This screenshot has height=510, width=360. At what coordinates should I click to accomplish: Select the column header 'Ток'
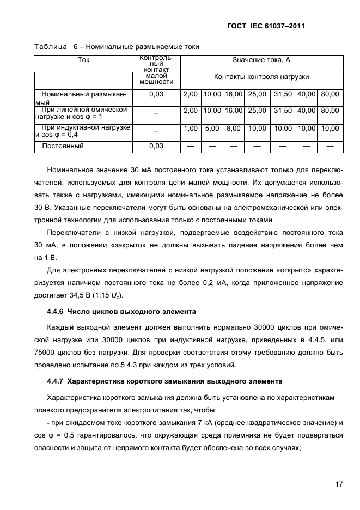(x=84, y=60)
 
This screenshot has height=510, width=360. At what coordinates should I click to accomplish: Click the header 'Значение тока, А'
(x=261, y=60)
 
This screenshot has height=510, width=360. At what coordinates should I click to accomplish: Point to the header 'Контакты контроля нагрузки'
(x=261, y=77)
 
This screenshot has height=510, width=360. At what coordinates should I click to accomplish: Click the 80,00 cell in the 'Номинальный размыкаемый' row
(x=330, y=94)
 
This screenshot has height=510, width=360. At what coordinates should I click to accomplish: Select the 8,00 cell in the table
(x=233, y=129)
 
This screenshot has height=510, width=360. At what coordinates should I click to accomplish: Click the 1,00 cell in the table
(x=191, y=129)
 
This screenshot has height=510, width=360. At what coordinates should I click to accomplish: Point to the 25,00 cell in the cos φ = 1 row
(x=257, y=110)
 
